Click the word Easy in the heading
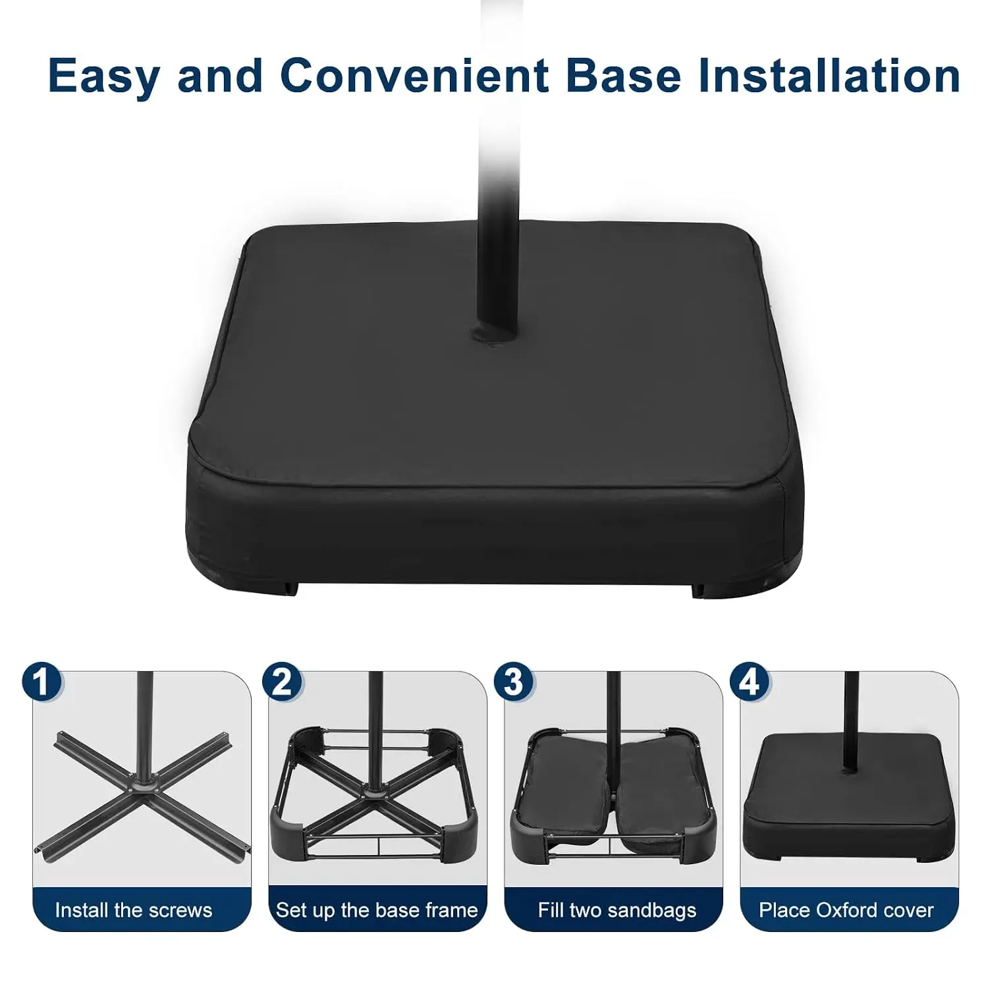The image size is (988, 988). coord(103,76)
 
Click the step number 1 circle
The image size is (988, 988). coord(42,682)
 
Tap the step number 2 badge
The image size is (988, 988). coord(282,682)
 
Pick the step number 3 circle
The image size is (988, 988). coord(514,682)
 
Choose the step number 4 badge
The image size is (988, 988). coord(750,682)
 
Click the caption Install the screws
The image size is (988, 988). coord(134,910)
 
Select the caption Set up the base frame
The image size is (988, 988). coord(377,910)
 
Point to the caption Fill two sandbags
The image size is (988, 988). coord(617,910)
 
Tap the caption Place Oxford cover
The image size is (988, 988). coord(846,910)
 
